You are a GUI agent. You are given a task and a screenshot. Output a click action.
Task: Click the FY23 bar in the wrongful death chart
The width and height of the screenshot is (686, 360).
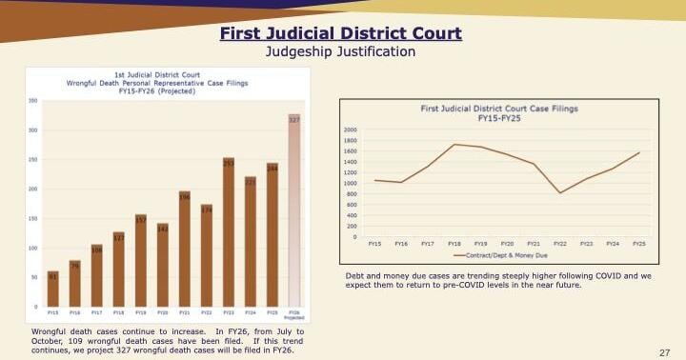tap(229, 233)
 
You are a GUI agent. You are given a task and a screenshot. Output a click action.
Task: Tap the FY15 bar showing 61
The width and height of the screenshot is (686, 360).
tap(52, 290)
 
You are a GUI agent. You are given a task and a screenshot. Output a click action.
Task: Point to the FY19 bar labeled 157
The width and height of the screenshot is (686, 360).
tap(141, 261)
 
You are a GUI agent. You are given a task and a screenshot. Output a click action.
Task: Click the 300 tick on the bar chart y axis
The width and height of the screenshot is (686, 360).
tap(33, 130)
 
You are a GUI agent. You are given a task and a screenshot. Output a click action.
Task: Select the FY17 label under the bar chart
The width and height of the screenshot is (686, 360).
tap(96, 312)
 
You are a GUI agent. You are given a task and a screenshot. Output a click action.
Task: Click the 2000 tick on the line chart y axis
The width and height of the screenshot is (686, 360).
tap(351, 129)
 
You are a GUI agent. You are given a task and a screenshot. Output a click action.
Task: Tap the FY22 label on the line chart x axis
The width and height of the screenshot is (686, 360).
tap(560, 244)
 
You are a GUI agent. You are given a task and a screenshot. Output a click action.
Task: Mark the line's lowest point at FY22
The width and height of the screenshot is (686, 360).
tap(560, 193)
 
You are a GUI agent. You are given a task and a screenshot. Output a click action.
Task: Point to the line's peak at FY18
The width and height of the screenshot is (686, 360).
tap(454, 144)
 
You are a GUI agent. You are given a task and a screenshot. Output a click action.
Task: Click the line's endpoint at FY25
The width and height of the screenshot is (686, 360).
tap(639, 152)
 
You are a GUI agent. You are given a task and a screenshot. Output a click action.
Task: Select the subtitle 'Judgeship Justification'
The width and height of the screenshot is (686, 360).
tap(340, 51)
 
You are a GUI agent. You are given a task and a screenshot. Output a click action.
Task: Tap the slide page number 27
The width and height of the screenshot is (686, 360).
tap(665, 352)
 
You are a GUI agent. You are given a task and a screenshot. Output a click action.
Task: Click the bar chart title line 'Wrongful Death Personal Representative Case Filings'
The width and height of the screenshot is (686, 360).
tap(157, 83)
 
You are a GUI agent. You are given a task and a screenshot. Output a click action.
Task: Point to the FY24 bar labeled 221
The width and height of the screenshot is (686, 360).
tap(251, 242)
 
